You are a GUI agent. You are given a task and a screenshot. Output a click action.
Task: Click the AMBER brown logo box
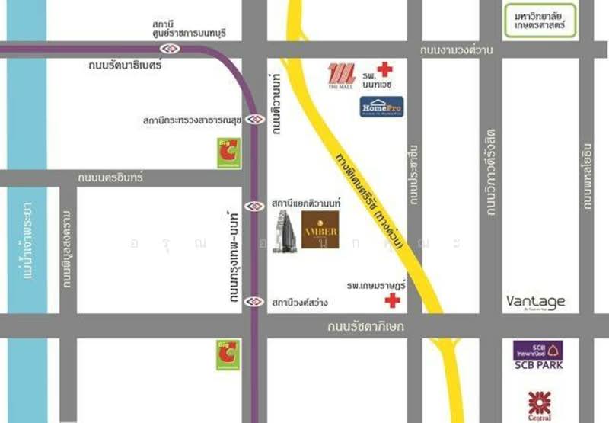(x=320, y=229)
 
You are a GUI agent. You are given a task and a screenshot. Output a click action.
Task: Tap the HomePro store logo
(x=381, y=107)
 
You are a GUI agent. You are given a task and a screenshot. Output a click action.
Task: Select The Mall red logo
(x=341, y=75)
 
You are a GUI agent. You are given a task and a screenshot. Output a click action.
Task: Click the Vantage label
(x=536, y=302)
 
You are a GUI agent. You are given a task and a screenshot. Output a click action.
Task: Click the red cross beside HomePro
(x=385, y=69)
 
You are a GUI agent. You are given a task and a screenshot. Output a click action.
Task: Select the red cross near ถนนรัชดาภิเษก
(x=392, y=300)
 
